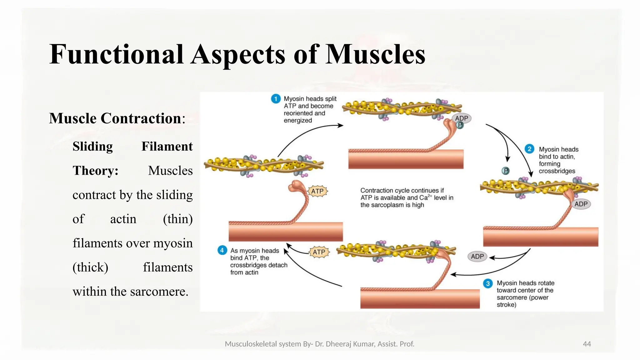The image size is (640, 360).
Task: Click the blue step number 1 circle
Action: (x=276, y=99)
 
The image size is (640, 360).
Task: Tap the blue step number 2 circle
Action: (x=529, y=149)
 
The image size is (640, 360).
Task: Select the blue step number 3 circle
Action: (x=488, y=283)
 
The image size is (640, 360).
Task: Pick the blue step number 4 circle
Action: (x=222, y=250)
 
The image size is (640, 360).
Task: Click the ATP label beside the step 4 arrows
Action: (x=319, y=252)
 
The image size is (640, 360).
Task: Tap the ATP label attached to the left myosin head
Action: (x=317, y=191)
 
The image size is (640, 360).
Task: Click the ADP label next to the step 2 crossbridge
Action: (x=581, y=204)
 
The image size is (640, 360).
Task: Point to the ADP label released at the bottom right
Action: (x=477, y=257)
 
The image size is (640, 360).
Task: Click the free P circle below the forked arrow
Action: (x=505, y=171)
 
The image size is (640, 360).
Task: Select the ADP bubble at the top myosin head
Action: (x=462, y=118)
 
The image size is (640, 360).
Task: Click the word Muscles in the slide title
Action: (x=375, y=55)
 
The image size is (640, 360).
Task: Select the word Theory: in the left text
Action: (x=96, y=171)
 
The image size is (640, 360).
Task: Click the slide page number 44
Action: (x=587, y=344)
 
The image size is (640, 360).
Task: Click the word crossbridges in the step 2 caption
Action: (x=557, y=171)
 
